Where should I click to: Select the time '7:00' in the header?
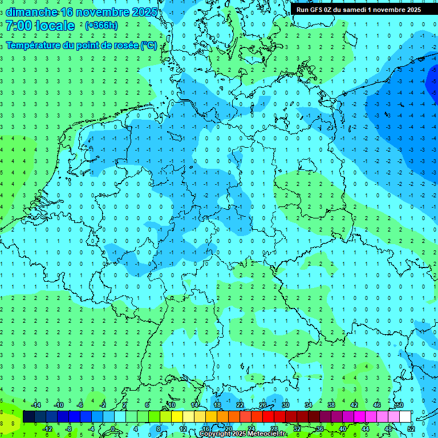19,26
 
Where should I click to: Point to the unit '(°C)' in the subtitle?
148,45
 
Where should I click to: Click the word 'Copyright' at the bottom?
214,434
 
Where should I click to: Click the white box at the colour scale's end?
405,417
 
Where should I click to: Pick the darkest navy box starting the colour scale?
29,417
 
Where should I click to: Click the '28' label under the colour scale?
274,429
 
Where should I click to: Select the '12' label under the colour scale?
183,429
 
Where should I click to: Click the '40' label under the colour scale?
343,429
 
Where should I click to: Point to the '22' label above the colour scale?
240,405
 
